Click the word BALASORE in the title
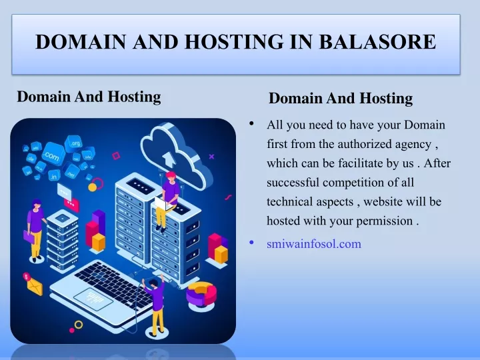click(x=377, y=41)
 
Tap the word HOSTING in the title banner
click(x=235, y=41)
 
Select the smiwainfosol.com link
click(x=314, y=244)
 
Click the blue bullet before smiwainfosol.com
click(x=251, y=243)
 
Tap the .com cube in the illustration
click(x=53, y=155)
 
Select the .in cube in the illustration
click(x=54, y=176)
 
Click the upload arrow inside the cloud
click(x=168, y=159)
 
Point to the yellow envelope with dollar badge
click(x=33, y=285)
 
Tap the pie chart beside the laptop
click(x=201, y=294)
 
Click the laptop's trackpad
click(x=93, y=299)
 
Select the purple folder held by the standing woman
click(x=29, y=236)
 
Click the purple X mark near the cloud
click(x=211, y=157)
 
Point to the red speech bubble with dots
click(x=71, y=204)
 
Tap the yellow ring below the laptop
click(x=79, y=325)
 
